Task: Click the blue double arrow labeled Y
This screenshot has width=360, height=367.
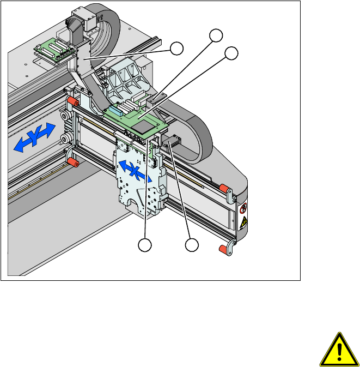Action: coord(35,137)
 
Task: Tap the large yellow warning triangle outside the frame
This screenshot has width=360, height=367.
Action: coord(339,350)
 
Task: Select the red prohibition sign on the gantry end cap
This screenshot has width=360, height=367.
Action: coord(243,208)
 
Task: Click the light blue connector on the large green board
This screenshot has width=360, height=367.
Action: coord(115,110)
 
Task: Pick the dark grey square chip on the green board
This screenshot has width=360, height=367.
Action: coord(143,128)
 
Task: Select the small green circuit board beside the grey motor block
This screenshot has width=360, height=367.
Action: coord(54,50)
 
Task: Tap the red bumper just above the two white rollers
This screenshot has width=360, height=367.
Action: coord(73,101)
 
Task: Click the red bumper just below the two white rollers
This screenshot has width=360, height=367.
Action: coord(73,162)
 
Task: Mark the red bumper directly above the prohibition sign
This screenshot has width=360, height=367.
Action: coord(224,189)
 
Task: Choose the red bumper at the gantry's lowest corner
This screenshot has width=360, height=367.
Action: coord(223,249)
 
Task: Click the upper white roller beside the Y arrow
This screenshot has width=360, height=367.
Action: coord(64,116)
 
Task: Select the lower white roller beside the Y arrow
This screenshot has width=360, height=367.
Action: coord(64,139)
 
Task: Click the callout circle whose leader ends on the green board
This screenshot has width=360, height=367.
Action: coord(231,53)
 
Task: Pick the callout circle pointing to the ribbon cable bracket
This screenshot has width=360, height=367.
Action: coord(176,49)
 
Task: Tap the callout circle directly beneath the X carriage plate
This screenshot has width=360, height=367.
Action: coord(145,245)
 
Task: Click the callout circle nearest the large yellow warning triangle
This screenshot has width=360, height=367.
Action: coord(192,245)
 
